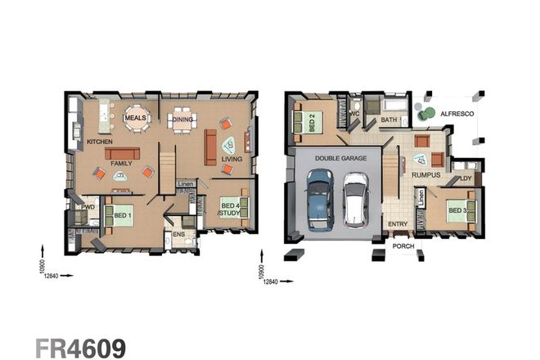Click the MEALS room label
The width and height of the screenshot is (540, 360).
tap(136, 118)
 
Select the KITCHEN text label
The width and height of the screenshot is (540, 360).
tap(100, 142)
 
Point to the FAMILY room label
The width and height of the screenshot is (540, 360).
tap(122, 164)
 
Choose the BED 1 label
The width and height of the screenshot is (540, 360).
tap(123, 216)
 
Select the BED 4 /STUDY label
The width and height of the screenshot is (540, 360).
tap(229, 209)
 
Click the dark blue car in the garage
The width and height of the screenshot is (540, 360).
tap(320, 200)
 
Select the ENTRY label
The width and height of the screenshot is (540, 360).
tap(398, 224)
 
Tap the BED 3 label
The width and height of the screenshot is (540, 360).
tap(457, 212)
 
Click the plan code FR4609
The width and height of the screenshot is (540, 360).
tap(79, 346)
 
